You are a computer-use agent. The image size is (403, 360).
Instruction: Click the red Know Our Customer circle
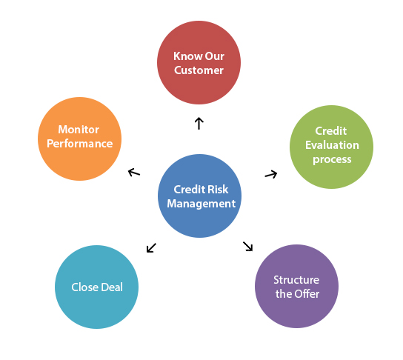[199, 63]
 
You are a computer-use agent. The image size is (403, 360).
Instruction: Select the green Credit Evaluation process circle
[331, 146]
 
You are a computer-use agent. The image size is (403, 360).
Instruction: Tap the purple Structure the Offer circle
[296, 287]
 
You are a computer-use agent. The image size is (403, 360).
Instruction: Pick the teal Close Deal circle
[97, 287]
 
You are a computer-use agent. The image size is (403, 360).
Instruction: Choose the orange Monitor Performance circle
[80, 138]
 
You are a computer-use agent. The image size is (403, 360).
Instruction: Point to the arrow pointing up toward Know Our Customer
[199, 123]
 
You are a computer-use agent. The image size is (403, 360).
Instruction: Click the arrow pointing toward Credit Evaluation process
[271, 174]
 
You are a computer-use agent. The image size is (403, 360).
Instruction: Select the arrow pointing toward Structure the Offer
[248, 246]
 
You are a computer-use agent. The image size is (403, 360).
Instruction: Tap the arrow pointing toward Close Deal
[151, 247]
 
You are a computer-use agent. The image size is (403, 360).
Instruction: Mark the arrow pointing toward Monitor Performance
[133, 172]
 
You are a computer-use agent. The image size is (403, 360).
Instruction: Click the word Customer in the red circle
[199, 70]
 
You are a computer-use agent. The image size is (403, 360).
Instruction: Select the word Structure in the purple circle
[296, 280]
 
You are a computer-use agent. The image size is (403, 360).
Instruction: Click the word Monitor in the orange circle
[79, 130]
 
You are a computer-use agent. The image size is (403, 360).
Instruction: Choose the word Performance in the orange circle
[80, 144]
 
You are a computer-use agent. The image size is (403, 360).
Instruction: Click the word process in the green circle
[331, 159]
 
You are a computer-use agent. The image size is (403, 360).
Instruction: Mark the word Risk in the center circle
[219, 189]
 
